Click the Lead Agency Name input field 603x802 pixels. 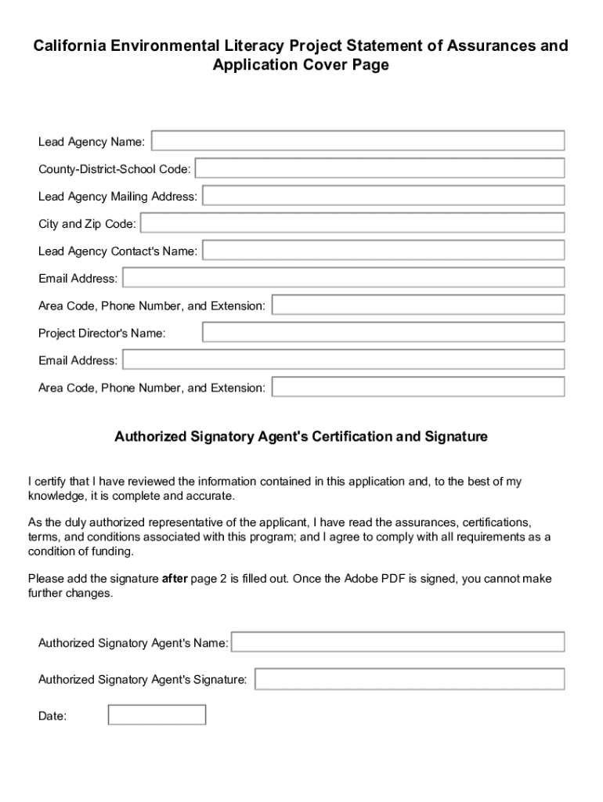pos(357,141)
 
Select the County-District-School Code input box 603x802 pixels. pos(379,168)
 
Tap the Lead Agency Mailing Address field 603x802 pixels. pos(383,196)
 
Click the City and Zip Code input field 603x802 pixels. pos(352,223)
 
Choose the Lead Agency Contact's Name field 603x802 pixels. pos(383,251)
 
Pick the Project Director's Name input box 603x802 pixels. pos(383,332)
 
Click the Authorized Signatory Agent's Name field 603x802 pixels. pos(398,642)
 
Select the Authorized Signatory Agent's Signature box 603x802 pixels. pos(409,679)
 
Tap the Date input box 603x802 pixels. pos(157,715)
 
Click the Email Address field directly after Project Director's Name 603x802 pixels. pos(343,359)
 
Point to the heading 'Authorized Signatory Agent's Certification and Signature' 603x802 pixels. pos(301,436)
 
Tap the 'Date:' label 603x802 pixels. pos(52,716)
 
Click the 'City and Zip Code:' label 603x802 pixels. pos(87,224)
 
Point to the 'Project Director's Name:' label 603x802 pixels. pos(102,333)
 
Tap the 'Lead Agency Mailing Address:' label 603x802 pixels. pos(117,197)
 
